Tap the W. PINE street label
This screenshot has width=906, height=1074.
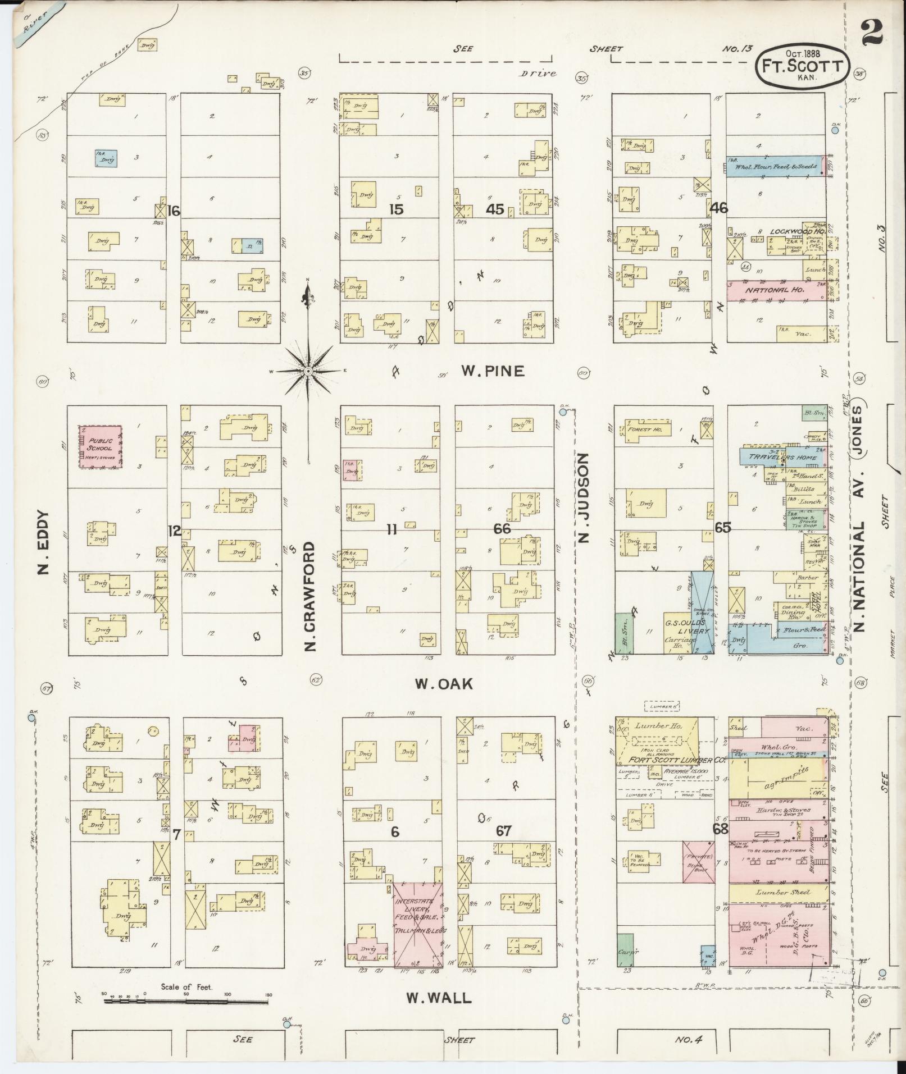coord(493,371)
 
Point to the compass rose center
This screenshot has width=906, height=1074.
coord(308,372)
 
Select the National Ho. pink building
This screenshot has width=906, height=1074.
coord(775,291)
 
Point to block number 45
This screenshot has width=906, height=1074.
coord(495,209)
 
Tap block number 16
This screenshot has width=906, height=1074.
coord(174,211)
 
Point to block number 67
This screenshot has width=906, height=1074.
coord(503,831)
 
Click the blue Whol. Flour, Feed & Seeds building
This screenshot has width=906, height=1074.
coord(774,167)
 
